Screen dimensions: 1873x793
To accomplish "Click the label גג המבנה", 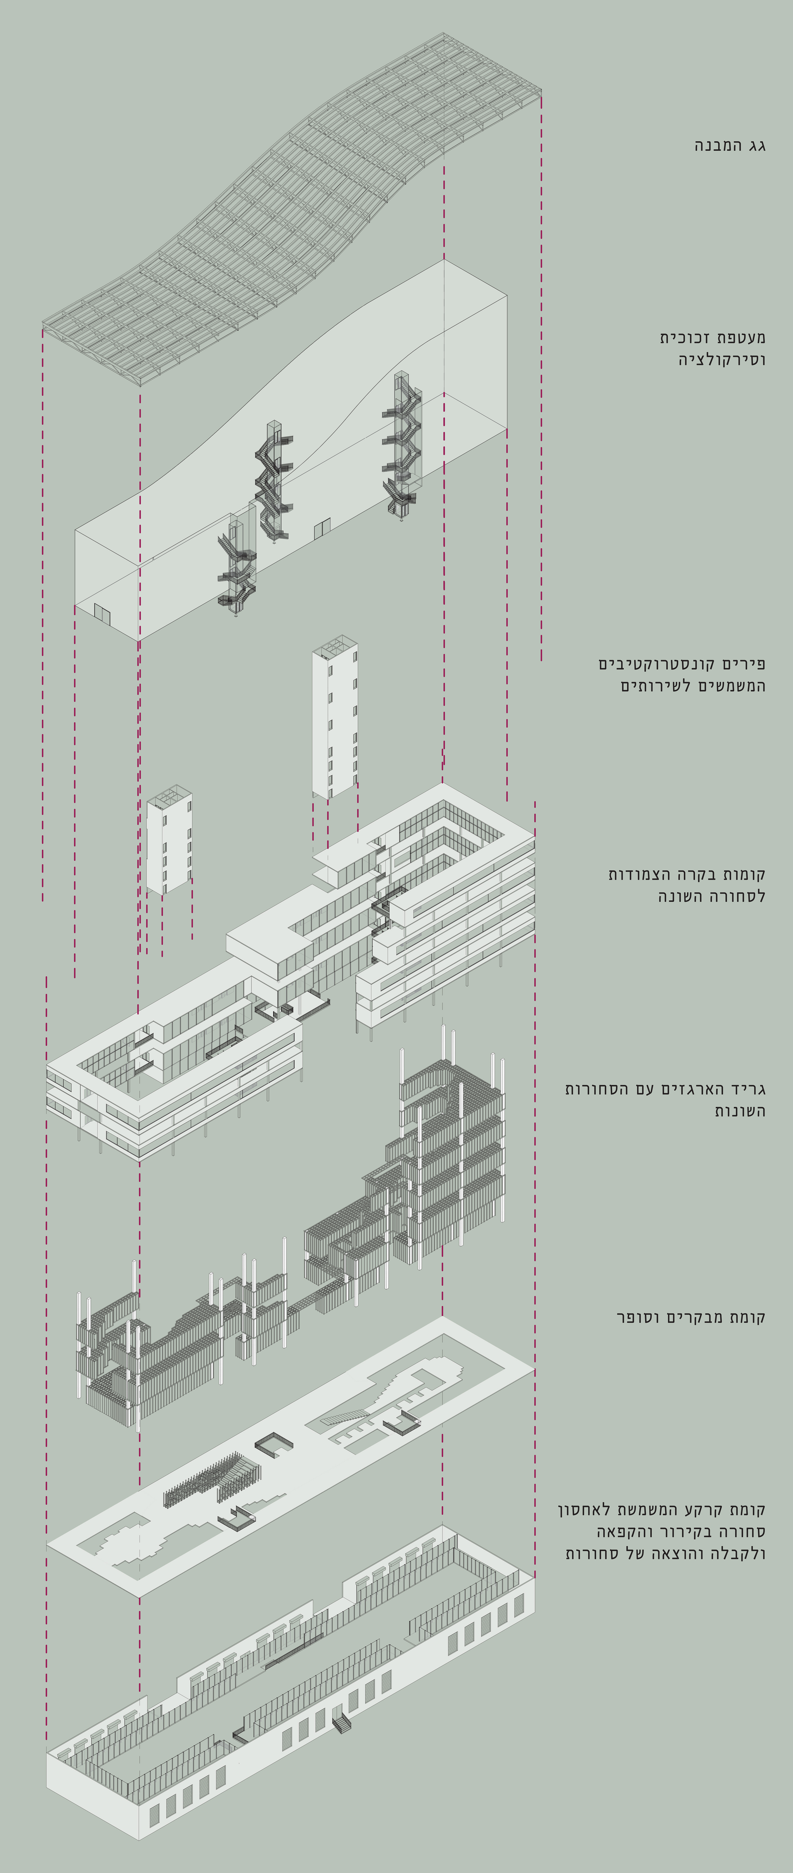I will pyautogui.click(x=730, y=145).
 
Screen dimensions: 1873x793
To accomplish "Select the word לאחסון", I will pyautogui.click(x=582, y=1509).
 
